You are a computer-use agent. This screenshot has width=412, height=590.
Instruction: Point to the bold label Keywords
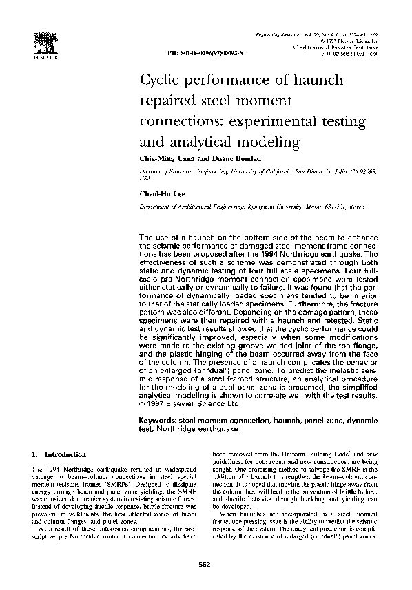pyautogui.click(x=158, y=419)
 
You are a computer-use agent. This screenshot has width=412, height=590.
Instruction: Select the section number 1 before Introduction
pyautogui.click(x=34, y=455)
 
